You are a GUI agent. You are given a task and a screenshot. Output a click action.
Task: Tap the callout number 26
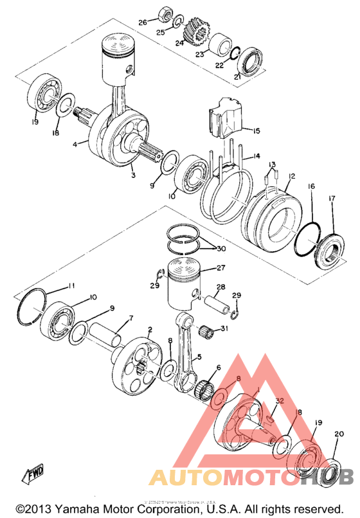click(143, 22)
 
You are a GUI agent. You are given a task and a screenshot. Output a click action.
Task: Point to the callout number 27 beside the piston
click(221, 268)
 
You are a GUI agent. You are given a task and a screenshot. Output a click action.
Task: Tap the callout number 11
click(72, 285)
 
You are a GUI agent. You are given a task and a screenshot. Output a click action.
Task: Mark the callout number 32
click(278, 400)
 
